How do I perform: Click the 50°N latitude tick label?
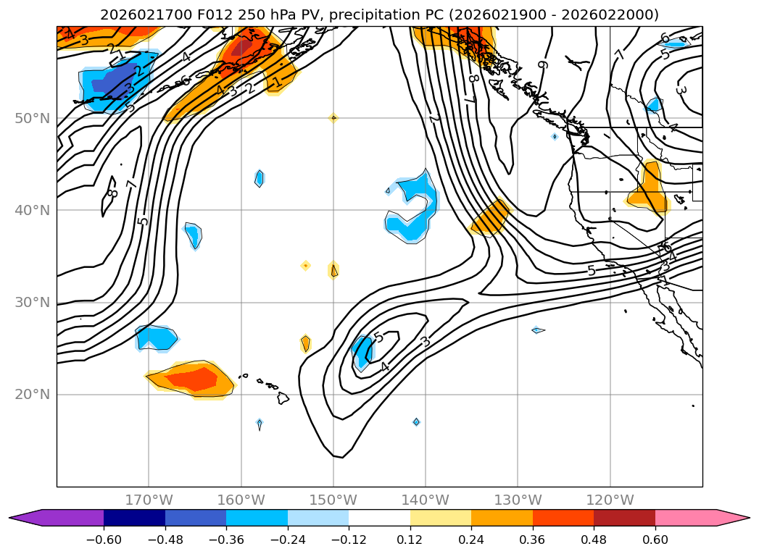click(31, 118)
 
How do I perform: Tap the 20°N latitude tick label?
click(31, 395)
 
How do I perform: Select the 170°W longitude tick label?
click(149, 500)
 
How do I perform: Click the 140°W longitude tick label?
click(426, 500)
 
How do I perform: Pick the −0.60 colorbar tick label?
click(104, 540)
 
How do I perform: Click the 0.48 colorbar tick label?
click(594, 540)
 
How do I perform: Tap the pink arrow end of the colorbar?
click(733, 517)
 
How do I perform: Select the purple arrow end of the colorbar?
click(25, 517)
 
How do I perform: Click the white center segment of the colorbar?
click(379, 517)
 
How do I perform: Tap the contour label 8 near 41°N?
click(112, 193)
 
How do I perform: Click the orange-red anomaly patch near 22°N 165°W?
click(191, 379)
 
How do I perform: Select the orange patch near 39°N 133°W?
click(491, 218)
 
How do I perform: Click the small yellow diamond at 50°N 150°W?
click(333, 118)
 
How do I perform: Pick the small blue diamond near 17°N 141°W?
click(416, 422)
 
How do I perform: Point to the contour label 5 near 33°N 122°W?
click(592, 271)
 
